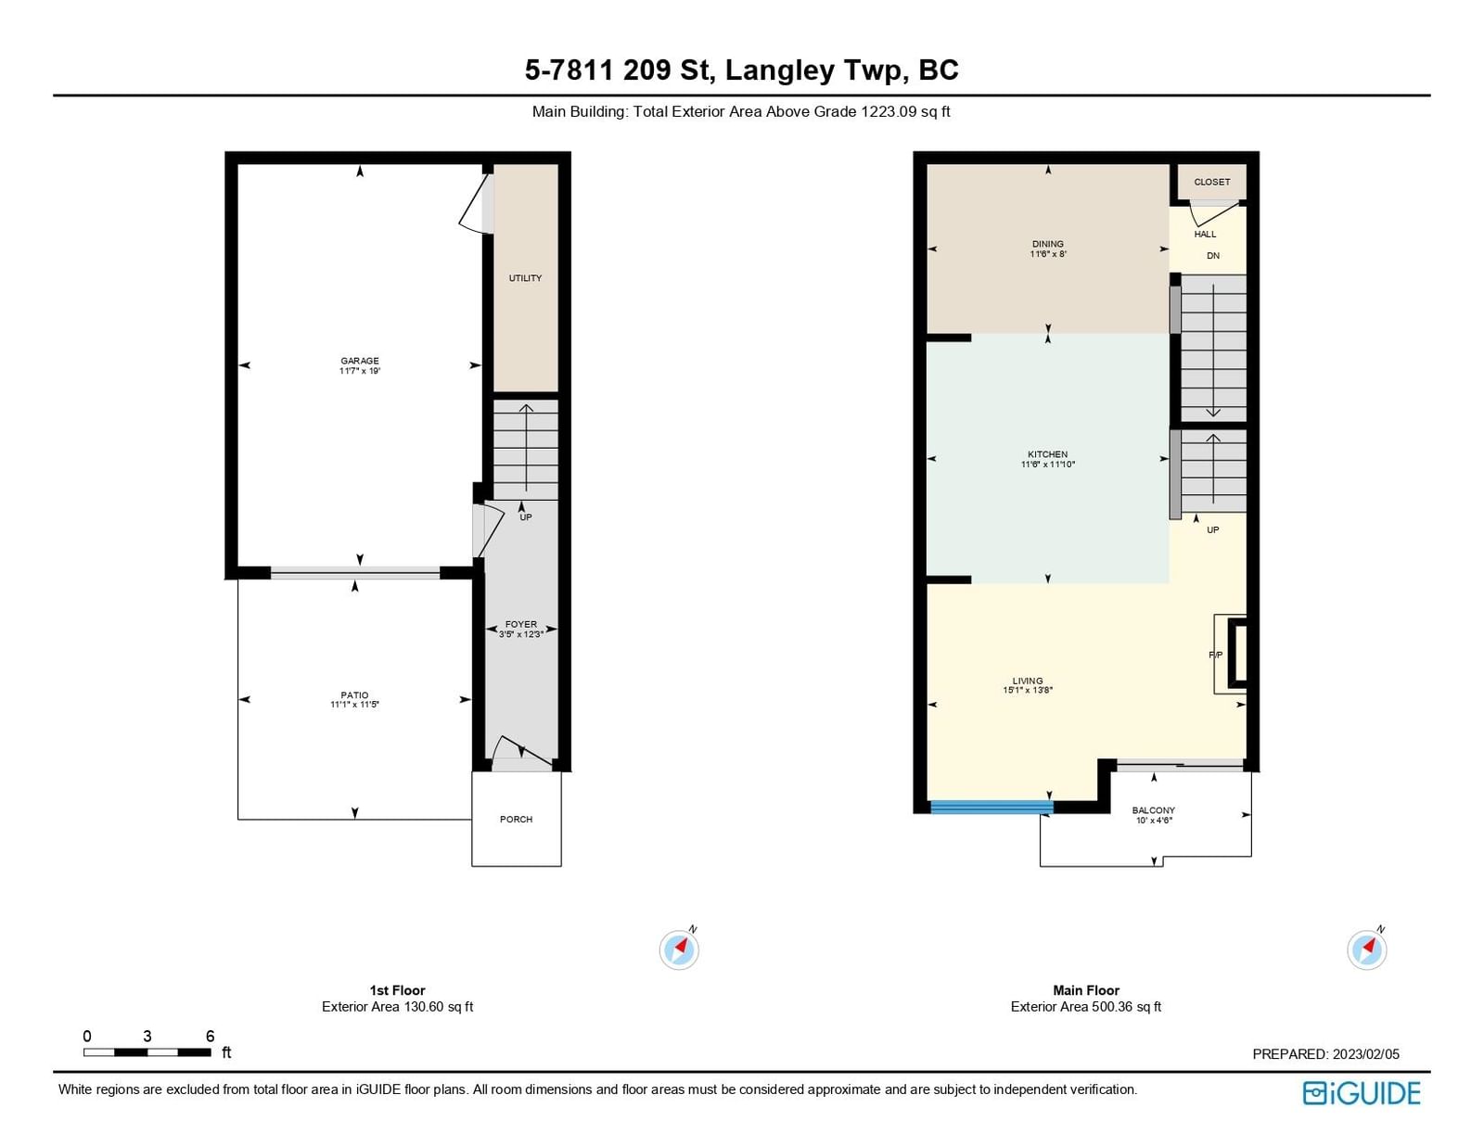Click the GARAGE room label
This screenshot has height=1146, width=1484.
(x=359, y=361)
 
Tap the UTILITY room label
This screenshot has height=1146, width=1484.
(x=524, y=278)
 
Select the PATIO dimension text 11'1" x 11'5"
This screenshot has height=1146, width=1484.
(x=354, y=704)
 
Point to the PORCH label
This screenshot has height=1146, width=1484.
(x=516, y=819)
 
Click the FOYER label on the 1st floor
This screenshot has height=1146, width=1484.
(x=520, y=624)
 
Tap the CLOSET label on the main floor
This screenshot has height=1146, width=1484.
(x=1211, y=182)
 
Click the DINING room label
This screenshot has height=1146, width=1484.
(x=1047, y=244)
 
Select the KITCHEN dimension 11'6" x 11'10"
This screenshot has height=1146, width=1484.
(x=1047, y=465)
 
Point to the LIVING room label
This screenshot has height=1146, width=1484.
(x=1027, y=681)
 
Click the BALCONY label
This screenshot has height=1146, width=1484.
(x=1153, y=810)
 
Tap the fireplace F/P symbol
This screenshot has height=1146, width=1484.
(x=1216, y=655)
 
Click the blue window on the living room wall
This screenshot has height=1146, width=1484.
(x=991, y=807)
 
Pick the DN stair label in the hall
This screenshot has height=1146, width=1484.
(x=1213, y=255)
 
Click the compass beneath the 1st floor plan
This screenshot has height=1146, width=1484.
(x=679, y=949)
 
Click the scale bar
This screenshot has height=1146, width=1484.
(x=147, y=1051)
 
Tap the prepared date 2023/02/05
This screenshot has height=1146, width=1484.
(x=1365, y=1053)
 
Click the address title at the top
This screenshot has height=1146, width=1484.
(x=742, y=70)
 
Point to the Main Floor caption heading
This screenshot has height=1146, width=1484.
(x=1086, y=989)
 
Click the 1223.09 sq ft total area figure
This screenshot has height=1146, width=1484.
(x=905, y=111)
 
